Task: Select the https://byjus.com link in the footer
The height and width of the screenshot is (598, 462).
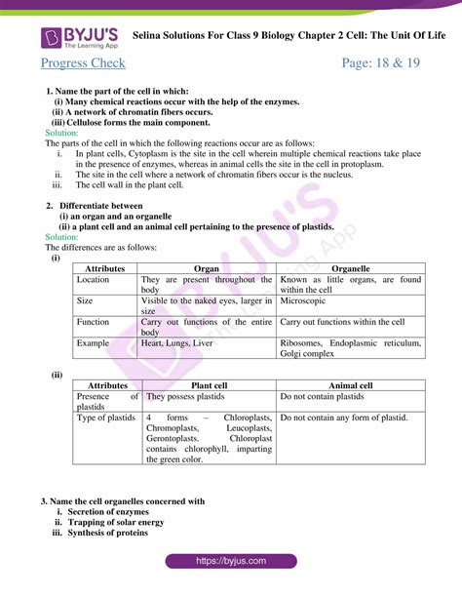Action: pyautogui.click(x=231, y=561)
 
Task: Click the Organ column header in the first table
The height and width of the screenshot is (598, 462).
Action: pyautogui.click(x=207, y=266)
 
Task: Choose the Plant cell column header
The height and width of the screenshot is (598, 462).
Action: pyautogui.click(x=209, y=385)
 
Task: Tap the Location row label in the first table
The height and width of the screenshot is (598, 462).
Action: pyautogui.click(x=94, y=279)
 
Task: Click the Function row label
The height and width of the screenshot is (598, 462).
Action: pyautogui.click(x=94, y=322)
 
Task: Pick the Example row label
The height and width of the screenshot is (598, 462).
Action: pyautogui.click(x=94, y=343)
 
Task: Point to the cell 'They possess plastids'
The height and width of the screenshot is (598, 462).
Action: pyautogui.click(x=186, y=397)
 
